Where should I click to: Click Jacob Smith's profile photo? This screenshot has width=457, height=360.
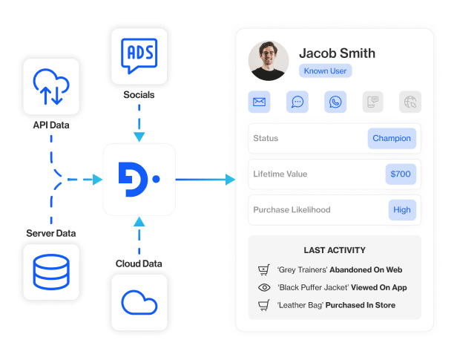pos(269,60)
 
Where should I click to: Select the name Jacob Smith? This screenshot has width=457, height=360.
pos(337,53)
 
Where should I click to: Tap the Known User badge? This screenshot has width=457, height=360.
pos(325,71)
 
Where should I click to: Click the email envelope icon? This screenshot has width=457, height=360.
pos(260,102)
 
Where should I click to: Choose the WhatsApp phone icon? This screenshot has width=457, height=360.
pos(335,102)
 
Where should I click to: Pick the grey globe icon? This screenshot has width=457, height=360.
pos(410,102)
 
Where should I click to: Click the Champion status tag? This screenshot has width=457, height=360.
pos(392,138)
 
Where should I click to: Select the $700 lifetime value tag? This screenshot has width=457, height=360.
pos(401,174)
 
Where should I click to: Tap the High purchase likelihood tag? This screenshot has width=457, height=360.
pos(402,209)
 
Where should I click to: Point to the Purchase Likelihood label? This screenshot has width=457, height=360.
pos(292,209)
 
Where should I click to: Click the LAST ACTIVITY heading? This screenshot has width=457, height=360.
pos(335,251)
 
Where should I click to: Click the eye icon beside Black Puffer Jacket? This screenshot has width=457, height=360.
pos(263,287)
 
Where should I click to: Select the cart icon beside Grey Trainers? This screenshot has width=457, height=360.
pos(263,270)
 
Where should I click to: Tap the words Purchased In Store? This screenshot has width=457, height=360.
pos(363,305)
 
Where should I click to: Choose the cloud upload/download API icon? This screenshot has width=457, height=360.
pos(51,85)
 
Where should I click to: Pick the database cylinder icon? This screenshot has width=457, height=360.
pos(51,272)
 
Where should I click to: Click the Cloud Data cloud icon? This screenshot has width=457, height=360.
pos(139,301)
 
